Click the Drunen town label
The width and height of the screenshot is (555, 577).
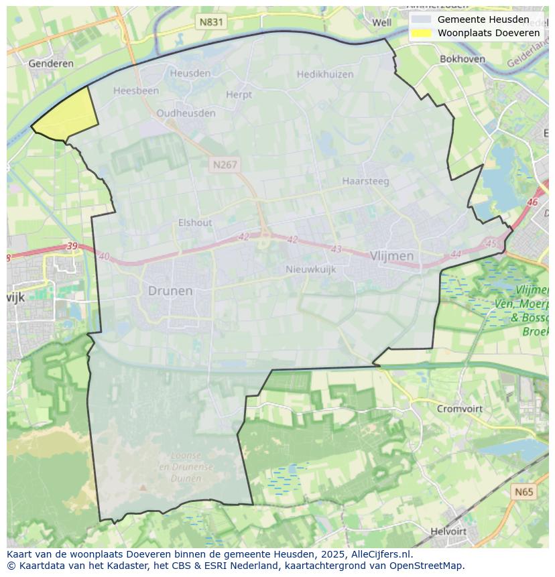click(x=170, y=291)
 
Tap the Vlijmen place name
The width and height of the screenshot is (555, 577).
click(x=391, y=256)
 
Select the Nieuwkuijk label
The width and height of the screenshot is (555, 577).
click(x=310, y=269)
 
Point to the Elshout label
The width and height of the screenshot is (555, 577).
click(x=195, y=222)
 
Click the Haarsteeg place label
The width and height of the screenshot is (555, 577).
click(x=365, y=181)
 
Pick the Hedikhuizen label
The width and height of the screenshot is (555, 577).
click(x=324, y=74)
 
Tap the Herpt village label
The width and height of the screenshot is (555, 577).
click(x=239, y=94)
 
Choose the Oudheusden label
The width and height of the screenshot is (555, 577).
click(x=186, y=113)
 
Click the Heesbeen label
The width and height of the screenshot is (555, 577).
click(x=136, y=90)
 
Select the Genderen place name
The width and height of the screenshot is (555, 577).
click(x=51, y=64)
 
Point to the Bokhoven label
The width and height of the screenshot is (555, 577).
click(x=462, y=59)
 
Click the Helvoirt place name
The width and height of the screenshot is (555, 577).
click(x=448, y=531)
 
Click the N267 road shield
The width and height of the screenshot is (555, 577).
click(x=225, y=164)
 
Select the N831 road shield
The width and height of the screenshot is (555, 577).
click(x=212, y=22)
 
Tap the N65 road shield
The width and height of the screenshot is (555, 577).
click(x=524, y=492)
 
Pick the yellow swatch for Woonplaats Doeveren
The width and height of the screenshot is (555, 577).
click(x=421, y=33)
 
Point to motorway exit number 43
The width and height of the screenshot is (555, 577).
click(x=336, y=249)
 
